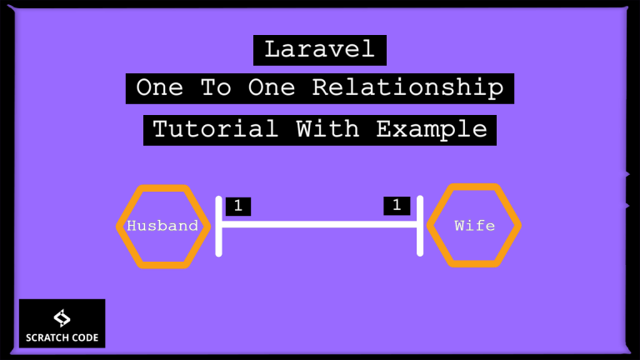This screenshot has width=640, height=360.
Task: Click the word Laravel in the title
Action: [320, 49]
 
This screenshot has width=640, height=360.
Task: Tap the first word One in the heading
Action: [160, 87]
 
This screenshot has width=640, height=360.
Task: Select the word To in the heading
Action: [216, 87]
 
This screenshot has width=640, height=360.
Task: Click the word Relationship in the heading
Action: [407, 88]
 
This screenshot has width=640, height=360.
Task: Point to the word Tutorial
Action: [216, 129]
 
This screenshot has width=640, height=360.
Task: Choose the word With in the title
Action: [327, 129]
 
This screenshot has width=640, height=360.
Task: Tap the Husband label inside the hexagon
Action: [162, 226]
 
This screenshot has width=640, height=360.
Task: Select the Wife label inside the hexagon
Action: [474, 226]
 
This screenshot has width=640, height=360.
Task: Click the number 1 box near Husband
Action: [238, 206]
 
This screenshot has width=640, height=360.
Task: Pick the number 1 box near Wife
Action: [397, 206]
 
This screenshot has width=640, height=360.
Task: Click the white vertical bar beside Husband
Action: [219, 227]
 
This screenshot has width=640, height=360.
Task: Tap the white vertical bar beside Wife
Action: [420, 226]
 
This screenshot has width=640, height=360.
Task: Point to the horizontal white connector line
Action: [319, 224]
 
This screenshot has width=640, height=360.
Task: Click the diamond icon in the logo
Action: [62, 318]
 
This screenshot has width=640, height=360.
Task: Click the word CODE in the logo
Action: [82, 338]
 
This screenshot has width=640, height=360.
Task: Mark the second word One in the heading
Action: [272, 87]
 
